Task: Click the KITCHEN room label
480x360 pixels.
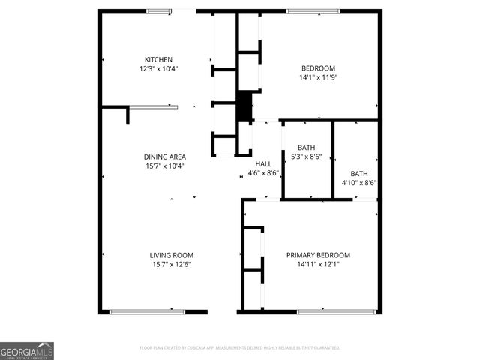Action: pyautogui.click(x=158, y=59)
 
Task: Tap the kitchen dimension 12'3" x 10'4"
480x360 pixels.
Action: pyautogui.click(x=158, y=68)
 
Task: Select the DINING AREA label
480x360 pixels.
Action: pyautogui.click(x=164, y=157)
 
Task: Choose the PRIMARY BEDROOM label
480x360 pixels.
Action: pyautogui.click(x=318, y=255)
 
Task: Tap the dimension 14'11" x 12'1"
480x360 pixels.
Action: pyautogui.click(x=318, y=264)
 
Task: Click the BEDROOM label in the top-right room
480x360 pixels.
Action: pyautogui.click(x=318, y=67)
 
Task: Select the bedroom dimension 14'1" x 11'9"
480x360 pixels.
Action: pyautogui.click(x=318, y=76)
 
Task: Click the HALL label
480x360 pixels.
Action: pyautogui.click(x=263, y=163)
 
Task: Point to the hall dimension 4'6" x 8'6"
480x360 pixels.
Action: pyautogui.click(x=263, y=172)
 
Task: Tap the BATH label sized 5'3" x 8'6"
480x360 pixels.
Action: pyautogui.click(x=306, y=147)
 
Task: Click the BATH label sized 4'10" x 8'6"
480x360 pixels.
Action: pyautogui.click(x=359, y=172)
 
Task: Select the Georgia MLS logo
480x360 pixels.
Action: pyautogui.click(x=27, y=351)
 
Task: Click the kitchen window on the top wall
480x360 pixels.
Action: pyautogui.click(x=158, y=11)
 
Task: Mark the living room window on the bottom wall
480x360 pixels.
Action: pyautogui.click(x=147, y=311)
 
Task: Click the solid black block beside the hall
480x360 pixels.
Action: pyautogui.click(x=244, y=106)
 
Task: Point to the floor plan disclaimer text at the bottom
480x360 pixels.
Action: pyautogui.click(x=240, y=348)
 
